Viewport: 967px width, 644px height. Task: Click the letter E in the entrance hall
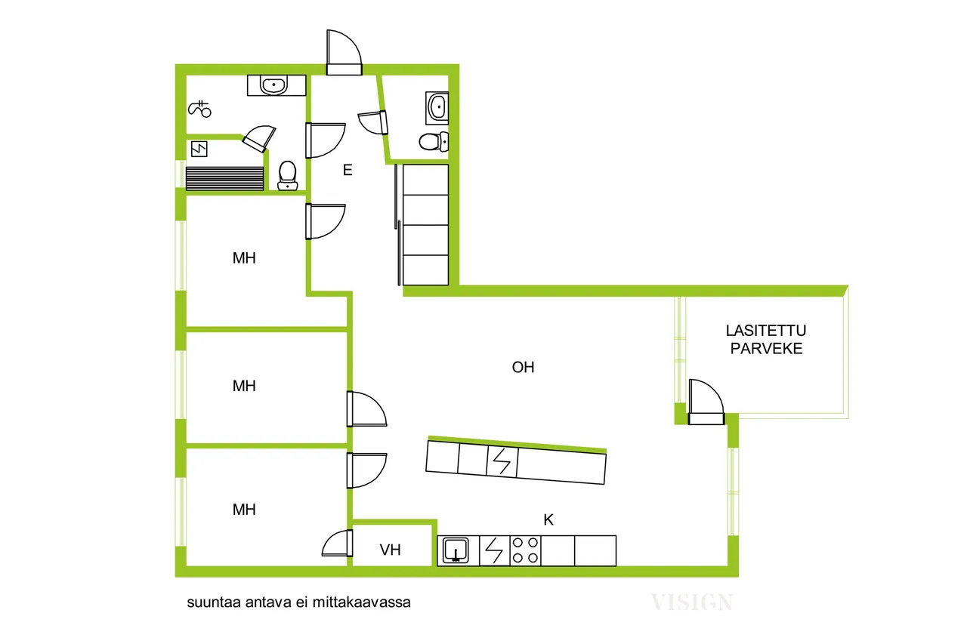(x=348, y=170)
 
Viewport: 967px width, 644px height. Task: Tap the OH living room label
(x=523, y=367)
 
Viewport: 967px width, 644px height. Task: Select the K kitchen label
(x=548, y=519)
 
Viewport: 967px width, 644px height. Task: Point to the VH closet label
(x=391, y=550)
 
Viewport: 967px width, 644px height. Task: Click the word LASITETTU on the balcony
(x=766, y=331)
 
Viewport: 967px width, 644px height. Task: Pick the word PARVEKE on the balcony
(x=766, y=349)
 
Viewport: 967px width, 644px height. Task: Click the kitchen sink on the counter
(x=456, y=550)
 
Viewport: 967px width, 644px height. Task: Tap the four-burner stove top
(x=525, y=550)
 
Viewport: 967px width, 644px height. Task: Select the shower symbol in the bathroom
(x=199, y=109)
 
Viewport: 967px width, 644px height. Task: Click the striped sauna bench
(x=224, y=179)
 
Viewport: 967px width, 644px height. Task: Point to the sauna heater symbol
(x=199, y=149)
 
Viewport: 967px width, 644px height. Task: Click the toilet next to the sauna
(x=288, y=176)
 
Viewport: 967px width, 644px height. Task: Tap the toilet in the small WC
(x=434, y=141)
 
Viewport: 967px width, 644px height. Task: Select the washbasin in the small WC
(x=437, y=106)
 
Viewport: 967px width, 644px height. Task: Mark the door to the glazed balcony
(x=706, y=402)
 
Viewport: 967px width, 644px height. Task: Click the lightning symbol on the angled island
(x=502, y=461)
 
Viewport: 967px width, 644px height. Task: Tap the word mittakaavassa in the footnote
(x=362, y=602)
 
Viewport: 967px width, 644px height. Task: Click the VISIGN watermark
(x=693, y=602)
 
